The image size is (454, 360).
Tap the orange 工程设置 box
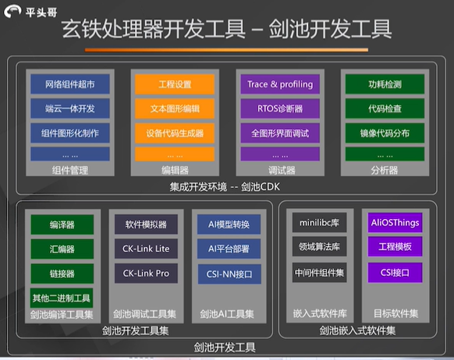pyautogui.click(x=175, y=84)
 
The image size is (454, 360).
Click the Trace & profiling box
pyautogui.click(x=279, y=84)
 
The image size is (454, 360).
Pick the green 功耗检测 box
pyautogui.click(x=384, y=84)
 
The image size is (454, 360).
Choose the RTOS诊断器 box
pyautogui.click(x=279, y=108)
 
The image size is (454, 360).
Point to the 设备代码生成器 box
pyautogui.click(x=175, y=132)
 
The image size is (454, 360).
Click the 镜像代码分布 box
pyautogui.click(x=384, y=132)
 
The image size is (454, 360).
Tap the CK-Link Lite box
pyautogui.click(x=146, y=249)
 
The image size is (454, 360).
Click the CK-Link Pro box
pyautogui.click(x=146, y=274)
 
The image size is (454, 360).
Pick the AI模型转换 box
pyautogui.click(x=229, y=225)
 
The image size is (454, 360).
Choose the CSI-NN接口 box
pyautogui.click(x=229, y=274)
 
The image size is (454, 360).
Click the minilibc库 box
pyautogui.click(x=318, y=224)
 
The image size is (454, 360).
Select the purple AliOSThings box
pyautogui.click(x=395, y=224)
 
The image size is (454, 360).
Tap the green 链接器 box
pyautogui.click(x=62, y=274)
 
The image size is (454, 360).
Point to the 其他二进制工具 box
pyautogui.click(x=62, y=298)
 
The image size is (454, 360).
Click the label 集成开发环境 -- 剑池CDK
pyautogui.click(x=226, y=186)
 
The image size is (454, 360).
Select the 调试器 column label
pyautogui.click(x=278, y=170)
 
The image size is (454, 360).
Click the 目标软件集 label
pyautogui.click(x=395, y=314)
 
